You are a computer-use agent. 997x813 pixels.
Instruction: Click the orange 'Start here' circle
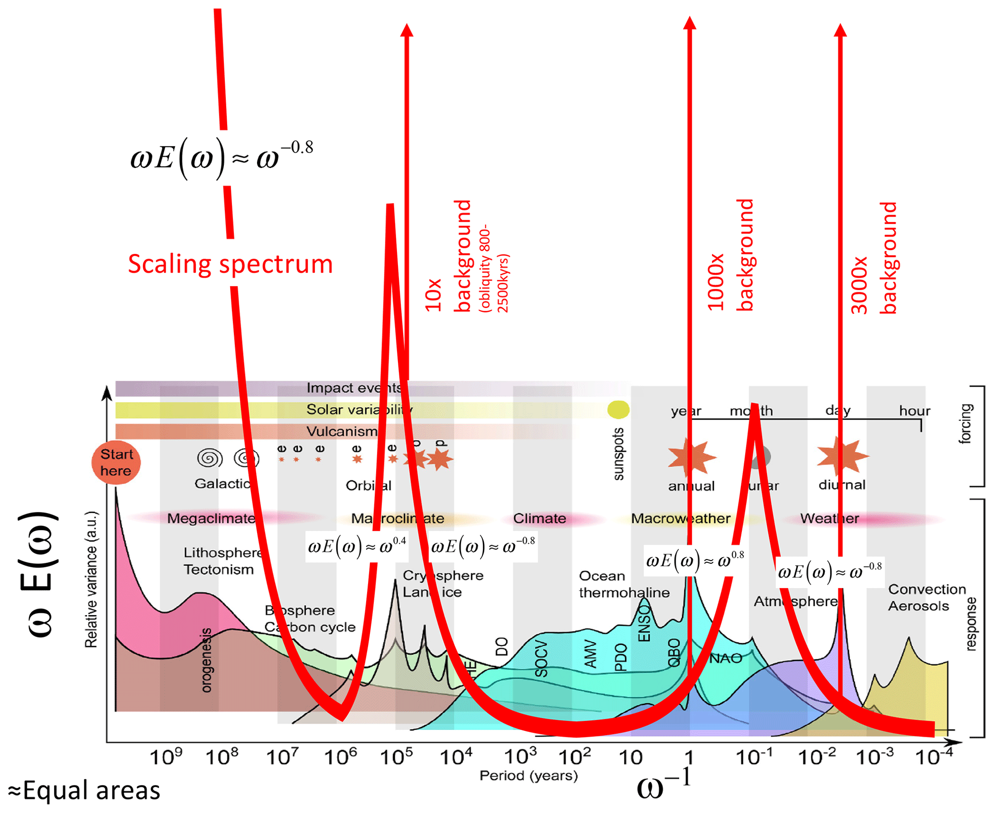[x=116, y=462]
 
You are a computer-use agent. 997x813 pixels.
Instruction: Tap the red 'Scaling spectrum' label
[x=230, y=264]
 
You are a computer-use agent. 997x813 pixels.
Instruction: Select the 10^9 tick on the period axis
[x=166, y=757]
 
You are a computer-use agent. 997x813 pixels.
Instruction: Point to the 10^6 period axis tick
[x=340, y=757]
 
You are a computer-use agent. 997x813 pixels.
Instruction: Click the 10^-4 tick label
[x=934, y=757]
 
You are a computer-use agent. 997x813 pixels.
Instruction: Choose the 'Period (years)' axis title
[x=528, y=775]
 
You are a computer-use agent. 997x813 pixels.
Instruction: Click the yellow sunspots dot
[x=618, y=409]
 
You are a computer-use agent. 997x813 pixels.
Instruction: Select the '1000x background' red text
[x=730, y=256]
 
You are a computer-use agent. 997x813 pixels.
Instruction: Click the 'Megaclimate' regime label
[x=211, y=519]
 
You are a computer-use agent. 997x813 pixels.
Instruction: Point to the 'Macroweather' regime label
[x=681, y=519]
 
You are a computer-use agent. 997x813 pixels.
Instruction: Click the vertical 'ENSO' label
[x=644, y=623]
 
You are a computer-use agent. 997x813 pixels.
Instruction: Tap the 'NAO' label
[x=725, y=659]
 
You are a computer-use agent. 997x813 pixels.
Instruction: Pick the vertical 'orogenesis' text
[x=206, y=660]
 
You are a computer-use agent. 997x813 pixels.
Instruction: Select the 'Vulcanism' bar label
[x=342, y=431]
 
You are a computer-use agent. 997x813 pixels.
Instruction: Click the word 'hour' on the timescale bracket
[x=915, y=411]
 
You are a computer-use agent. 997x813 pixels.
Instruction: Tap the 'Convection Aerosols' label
[x=927, y=598]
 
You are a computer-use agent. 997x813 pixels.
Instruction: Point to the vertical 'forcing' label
[x=965, y=423]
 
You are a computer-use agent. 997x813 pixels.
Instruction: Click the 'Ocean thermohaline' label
[x=624, y=584]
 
